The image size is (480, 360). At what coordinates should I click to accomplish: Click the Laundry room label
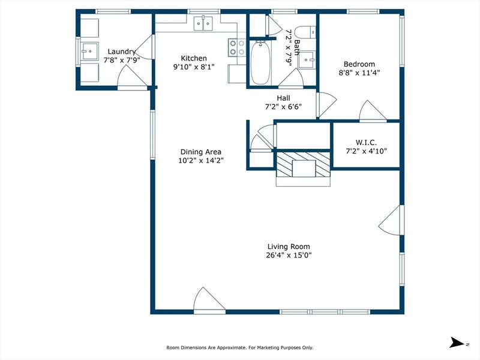122,52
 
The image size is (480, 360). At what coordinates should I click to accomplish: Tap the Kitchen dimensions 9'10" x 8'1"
194,67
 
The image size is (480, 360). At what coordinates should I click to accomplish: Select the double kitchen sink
203,23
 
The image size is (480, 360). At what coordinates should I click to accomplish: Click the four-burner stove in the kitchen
236,48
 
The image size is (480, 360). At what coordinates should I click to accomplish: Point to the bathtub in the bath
260,63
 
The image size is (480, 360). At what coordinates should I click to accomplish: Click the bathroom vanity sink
307,59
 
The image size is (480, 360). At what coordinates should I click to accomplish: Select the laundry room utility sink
89,51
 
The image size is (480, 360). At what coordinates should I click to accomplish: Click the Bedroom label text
359,64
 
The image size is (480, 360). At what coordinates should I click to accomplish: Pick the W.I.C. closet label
366,142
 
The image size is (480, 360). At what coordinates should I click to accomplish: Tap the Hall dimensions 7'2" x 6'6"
283,107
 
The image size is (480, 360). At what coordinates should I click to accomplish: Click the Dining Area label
201,152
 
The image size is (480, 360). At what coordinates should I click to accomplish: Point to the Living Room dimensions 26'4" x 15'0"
289,255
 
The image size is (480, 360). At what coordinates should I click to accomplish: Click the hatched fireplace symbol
304,164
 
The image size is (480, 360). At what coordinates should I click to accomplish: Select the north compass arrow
457,342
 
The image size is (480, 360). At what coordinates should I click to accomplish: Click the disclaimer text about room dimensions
239,347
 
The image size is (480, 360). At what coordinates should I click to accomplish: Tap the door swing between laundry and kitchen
144,47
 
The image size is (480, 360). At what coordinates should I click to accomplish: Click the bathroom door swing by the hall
291,79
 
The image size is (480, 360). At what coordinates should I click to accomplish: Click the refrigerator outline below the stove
237,73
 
